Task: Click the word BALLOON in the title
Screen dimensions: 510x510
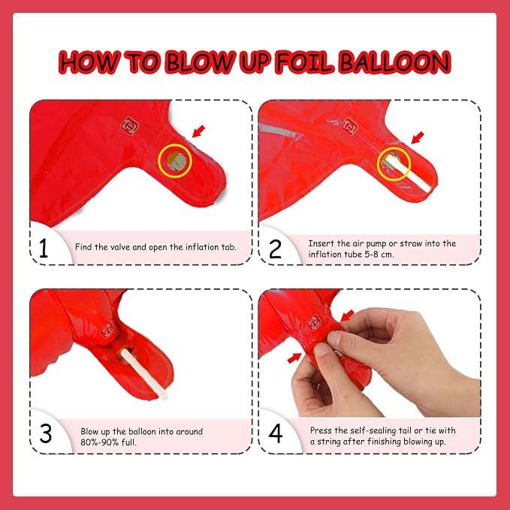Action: point(395,62)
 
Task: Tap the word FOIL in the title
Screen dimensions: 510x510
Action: point(305,62)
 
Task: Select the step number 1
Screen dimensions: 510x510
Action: point(44,248)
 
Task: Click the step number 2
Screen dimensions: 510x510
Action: point(275,249)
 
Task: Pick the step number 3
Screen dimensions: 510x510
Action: point(46,433)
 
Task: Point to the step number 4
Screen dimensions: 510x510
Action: point(276,433)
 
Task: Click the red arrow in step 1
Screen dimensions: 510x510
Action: point(199,131)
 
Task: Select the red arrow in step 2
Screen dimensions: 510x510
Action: point(418,137)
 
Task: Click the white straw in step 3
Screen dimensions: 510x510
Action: point(144,374)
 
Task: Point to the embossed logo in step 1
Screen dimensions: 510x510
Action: point(130,126)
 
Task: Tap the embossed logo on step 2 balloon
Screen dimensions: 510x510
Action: point(351,126)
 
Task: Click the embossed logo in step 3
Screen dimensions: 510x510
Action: point(107,330)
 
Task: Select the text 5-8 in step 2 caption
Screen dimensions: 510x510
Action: point(372,255)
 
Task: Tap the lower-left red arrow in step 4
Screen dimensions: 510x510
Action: point(294,358)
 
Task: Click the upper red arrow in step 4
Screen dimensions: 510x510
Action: point(347,315)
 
